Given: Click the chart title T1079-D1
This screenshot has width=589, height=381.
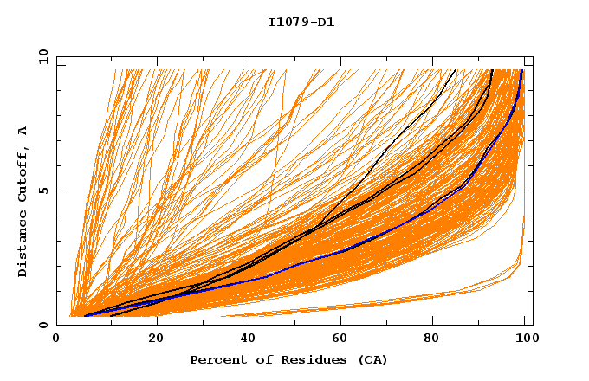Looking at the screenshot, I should [301, 23].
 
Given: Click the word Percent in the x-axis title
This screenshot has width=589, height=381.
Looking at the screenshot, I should [214, 359].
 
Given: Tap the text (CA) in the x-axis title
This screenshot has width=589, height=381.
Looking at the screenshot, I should [374, 359].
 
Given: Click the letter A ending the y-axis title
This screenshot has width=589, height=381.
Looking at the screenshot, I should [23, 130].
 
